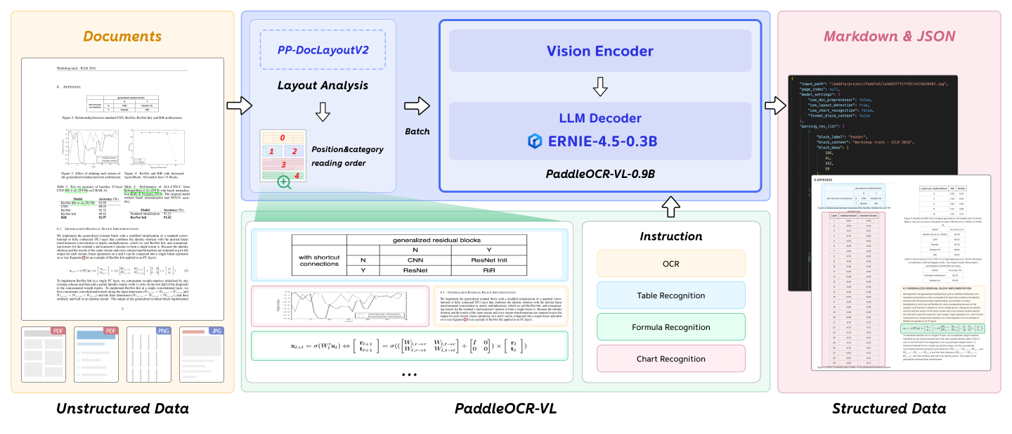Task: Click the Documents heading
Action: pyautogui.click(x=122, y=36)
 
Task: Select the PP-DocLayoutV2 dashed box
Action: pyautogui.click(x=323, y=50)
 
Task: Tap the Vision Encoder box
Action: pyautogui.click(x=599, y=51)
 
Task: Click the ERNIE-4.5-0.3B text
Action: pyautogui.click(x=603, y=141)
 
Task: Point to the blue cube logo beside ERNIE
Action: pyautogui.click(x=536, y=141)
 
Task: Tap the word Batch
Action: pyautogui.click(x=417, y=132)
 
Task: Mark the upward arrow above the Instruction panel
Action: pyautogui.click(x=670, y=206)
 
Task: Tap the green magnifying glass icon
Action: pyautogui.click(x=285, y=181)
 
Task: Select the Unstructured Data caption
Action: pyautogui.click(x=122, y=409)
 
